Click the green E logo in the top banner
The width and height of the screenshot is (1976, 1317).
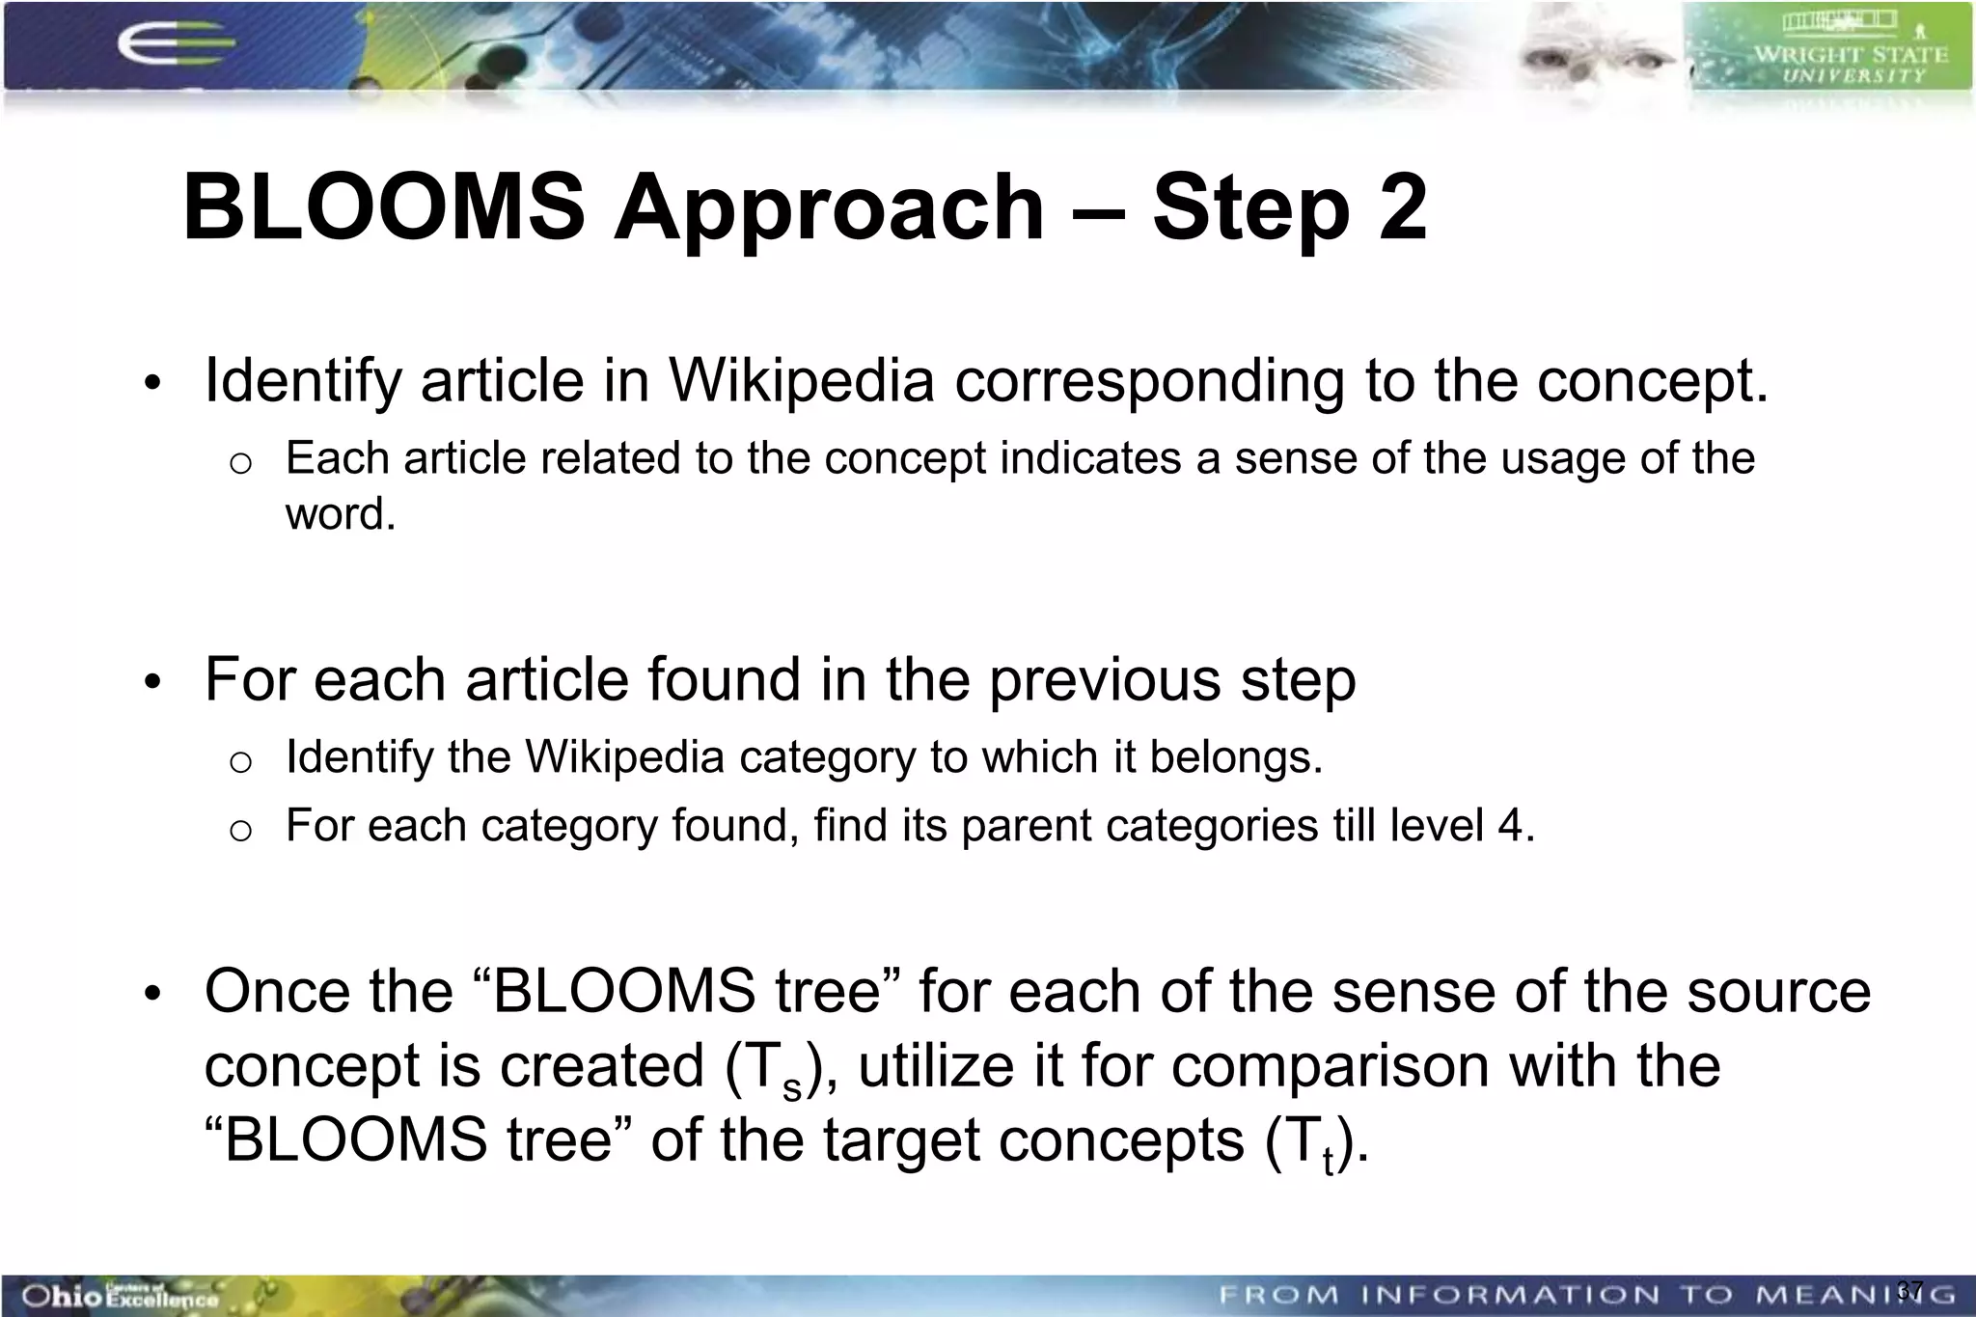174,45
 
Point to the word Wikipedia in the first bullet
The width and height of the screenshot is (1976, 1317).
801,380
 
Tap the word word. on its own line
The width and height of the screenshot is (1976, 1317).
341,513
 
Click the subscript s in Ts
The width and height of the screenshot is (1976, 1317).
791,1088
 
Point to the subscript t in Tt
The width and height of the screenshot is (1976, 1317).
1329,1161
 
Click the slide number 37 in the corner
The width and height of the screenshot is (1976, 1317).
1909,1290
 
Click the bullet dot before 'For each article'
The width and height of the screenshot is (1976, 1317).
151,683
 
